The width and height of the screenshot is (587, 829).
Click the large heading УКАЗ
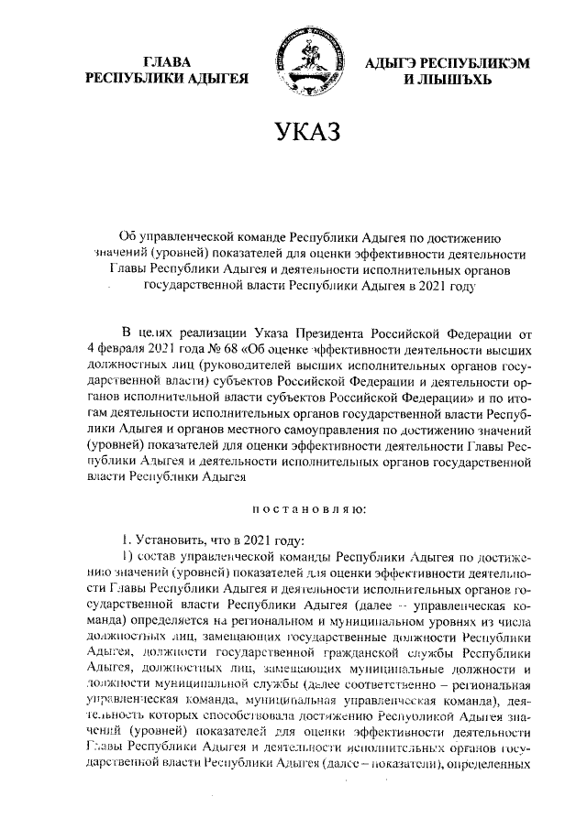293,134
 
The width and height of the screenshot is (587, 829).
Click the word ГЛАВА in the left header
168,61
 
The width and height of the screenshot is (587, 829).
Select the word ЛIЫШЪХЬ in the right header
448,80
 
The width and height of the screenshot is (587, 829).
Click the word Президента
333,331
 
